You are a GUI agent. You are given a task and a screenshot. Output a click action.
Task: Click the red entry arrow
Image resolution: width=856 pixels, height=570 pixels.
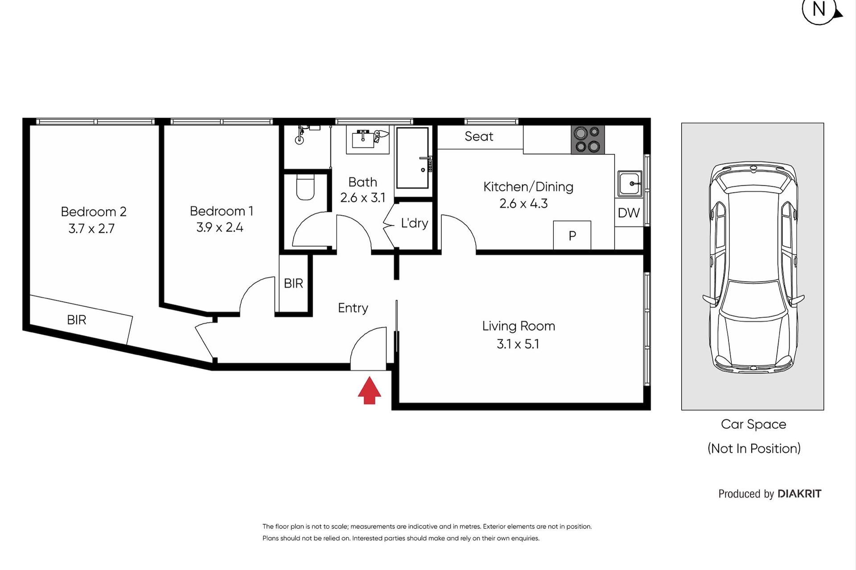tap(369, 391)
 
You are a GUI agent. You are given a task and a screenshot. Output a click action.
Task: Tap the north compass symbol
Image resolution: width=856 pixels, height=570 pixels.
tap(821, 10)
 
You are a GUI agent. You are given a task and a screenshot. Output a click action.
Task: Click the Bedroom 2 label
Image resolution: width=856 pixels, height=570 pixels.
tap(94, 212)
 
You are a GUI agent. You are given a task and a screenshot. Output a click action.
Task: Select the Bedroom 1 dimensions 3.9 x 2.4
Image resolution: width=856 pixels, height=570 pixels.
tap(220, 228)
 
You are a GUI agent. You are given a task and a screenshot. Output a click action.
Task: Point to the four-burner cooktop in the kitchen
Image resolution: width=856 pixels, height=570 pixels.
tap(588, 140)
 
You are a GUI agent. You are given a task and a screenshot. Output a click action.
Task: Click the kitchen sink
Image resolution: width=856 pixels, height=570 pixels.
tap(630, 183)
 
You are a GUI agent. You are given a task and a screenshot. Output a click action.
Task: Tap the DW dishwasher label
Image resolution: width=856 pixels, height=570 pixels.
tap(629, 213)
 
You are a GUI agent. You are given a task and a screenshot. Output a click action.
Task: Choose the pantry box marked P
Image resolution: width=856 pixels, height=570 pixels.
tap(572, 235)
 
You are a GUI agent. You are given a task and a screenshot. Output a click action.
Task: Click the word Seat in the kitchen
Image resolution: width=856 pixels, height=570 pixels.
tap(479, 136)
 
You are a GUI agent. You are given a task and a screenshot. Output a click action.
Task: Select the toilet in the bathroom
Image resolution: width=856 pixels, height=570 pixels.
tap(305, 187)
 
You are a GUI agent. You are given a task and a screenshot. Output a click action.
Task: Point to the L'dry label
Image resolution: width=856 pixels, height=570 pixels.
tap(414, 223)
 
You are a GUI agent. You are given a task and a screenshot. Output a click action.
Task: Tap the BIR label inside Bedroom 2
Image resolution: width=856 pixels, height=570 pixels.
tap(77, 320)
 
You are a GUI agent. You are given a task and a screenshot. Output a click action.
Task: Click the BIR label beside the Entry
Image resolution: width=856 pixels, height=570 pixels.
tap(293, 283)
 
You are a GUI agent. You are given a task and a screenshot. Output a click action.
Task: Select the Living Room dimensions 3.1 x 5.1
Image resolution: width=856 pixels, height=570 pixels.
tap(518, 344)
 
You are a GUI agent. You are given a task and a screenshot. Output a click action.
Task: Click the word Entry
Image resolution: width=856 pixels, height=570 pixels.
tap(353, 308)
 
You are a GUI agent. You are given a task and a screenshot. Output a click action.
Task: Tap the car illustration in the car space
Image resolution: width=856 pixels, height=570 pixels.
tap(753, 267)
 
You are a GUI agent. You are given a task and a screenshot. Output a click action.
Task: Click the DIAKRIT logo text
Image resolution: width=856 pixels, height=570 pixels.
tap(799, 493)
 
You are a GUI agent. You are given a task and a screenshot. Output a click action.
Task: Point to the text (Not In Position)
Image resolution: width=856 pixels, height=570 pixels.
tap(754, 448)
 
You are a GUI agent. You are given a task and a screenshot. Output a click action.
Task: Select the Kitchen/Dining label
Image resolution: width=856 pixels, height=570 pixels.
tap(528, 187)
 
